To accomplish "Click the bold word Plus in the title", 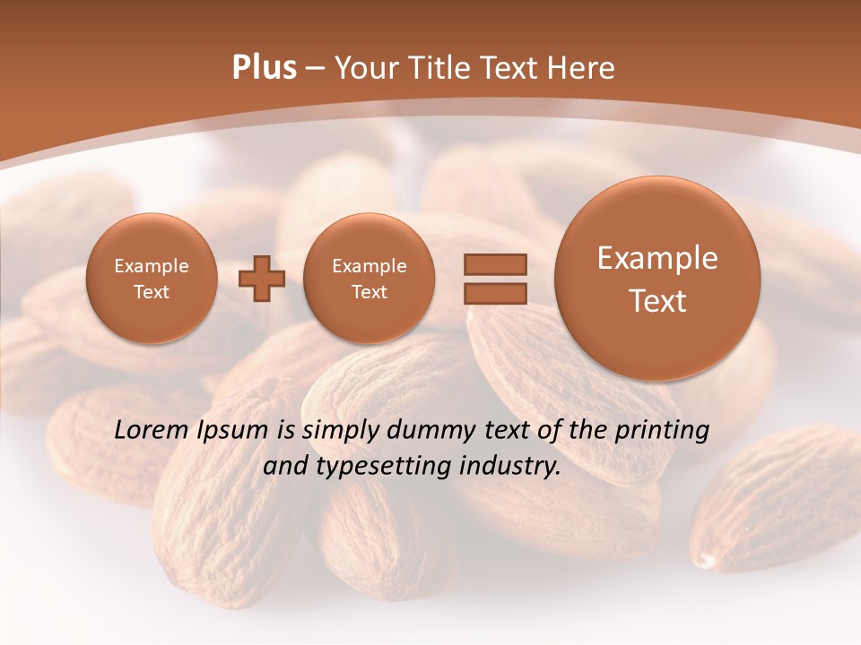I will coord(265,68).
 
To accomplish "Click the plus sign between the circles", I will coord(262,279).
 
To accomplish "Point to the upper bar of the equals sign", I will coord(495,264).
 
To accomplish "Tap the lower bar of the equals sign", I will coord(495,292).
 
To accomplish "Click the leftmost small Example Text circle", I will coord(152,279).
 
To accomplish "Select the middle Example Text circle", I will coord(370,279).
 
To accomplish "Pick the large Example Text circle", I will coord(657,279).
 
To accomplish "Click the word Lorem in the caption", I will coord(152,431).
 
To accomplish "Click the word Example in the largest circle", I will coord(657,258).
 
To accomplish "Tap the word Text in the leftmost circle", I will coord(152,292).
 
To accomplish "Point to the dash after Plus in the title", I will coord(315,69).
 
